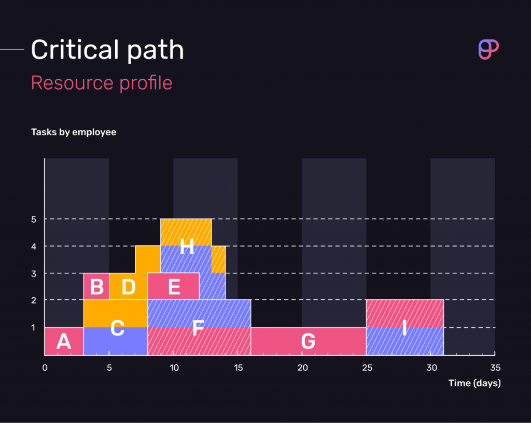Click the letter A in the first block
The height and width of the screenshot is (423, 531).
coord(63,342)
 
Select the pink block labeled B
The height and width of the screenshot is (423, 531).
coord(96,286)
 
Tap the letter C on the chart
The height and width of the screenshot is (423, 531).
coord(118,328)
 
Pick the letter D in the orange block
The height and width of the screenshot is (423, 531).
coord(128,286)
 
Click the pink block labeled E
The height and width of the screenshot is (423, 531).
coord(174,286)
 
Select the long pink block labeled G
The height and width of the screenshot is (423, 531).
coord(308,342)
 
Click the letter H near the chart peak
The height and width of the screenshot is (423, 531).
coord(187,247)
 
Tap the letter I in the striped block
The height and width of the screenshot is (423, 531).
coord(404,328)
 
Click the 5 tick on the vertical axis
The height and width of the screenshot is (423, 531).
coord(34,219)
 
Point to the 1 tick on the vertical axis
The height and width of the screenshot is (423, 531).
coord(34,327)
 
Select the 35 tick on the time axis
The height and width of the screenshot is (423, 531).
coord(495,368)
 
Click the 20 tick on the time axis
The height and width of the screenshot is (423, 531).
coord(302,368)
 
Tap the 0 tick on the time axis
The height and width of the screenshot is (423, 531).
coord(45,368)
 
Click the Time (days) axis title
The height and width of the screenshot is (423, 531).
coord(474,383)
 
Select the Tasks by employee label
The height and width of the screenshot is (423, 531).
coord(74,132)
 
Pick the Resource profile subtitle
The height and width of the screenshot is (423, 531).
coord(102,83)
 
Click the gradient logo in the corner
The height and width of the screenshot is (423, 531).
coord(487,49)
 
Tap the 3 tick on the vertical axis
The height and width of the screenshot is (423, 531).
coord(34,273)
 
